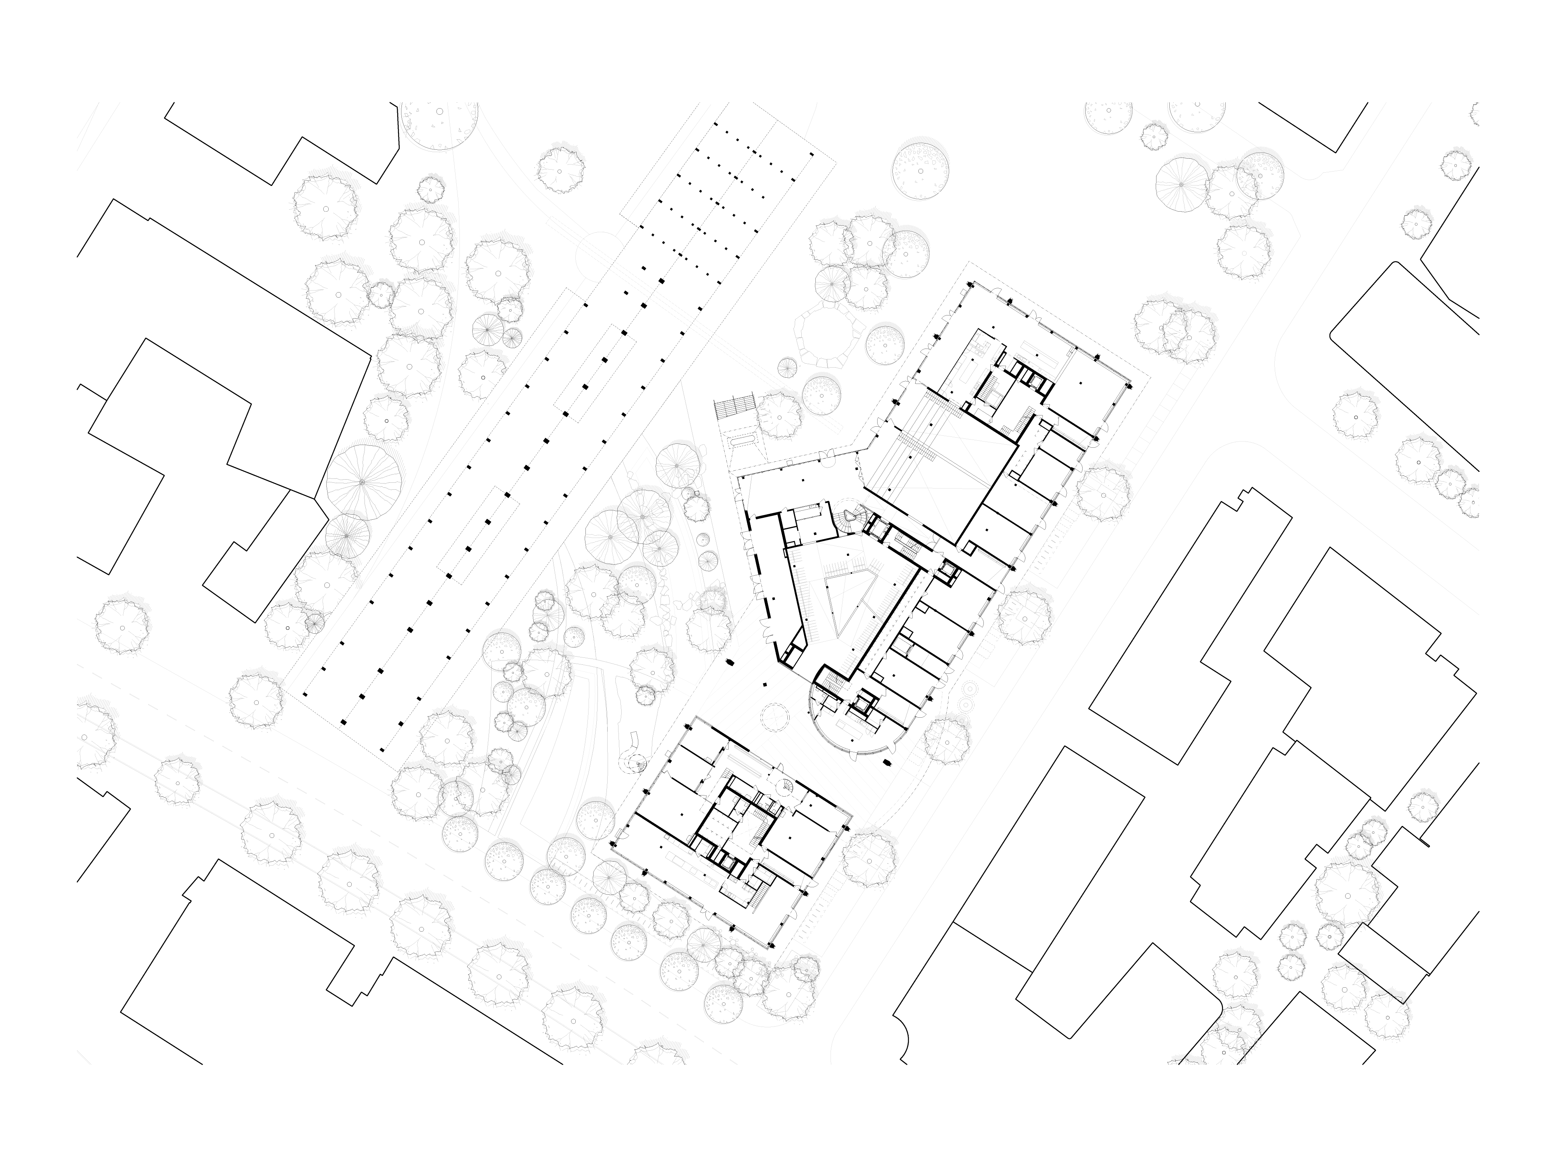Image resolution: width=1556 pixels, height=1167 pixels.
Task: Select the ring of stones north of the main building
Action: (824, 336)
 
